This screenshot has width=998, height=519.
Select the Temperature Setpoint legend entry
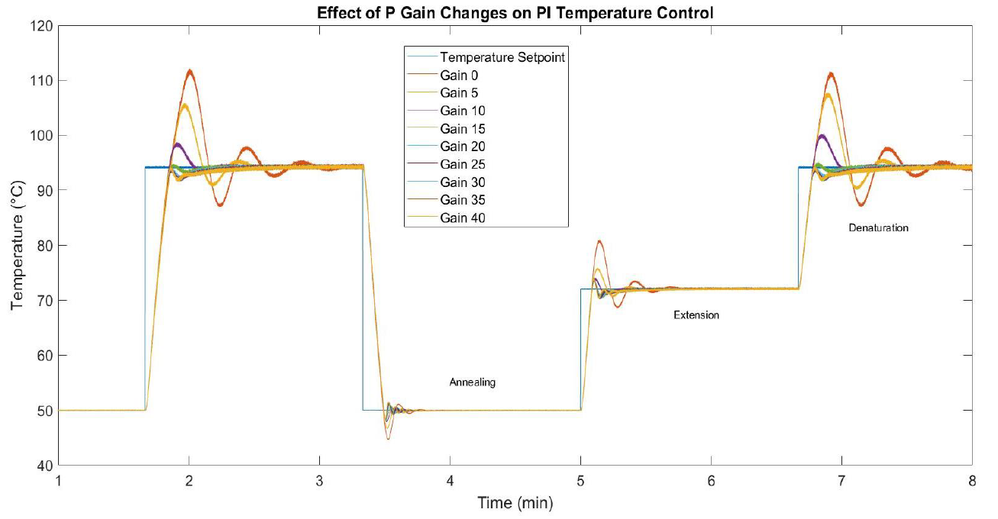[502, 57]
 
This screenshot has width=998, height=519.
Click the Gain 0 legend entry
[459, 75]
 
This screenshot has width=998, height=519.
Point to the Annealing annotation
[472, 382]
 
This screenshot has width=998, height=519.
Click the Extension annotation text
[696, 315]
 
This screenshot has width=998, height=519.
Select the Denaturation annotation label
[878, 228]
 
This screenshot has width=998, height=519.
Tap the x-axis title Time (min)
[515, 503]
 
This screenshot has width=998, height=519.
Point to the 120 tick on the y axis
[42, 26]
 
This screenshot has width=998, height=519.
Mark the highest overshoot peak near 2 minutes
[189, 71]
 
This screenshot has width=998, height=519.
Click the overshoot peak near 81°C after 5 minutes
[599, 242]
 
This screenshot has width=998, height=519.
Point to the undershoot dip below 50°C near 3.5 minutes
[388, 439]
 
